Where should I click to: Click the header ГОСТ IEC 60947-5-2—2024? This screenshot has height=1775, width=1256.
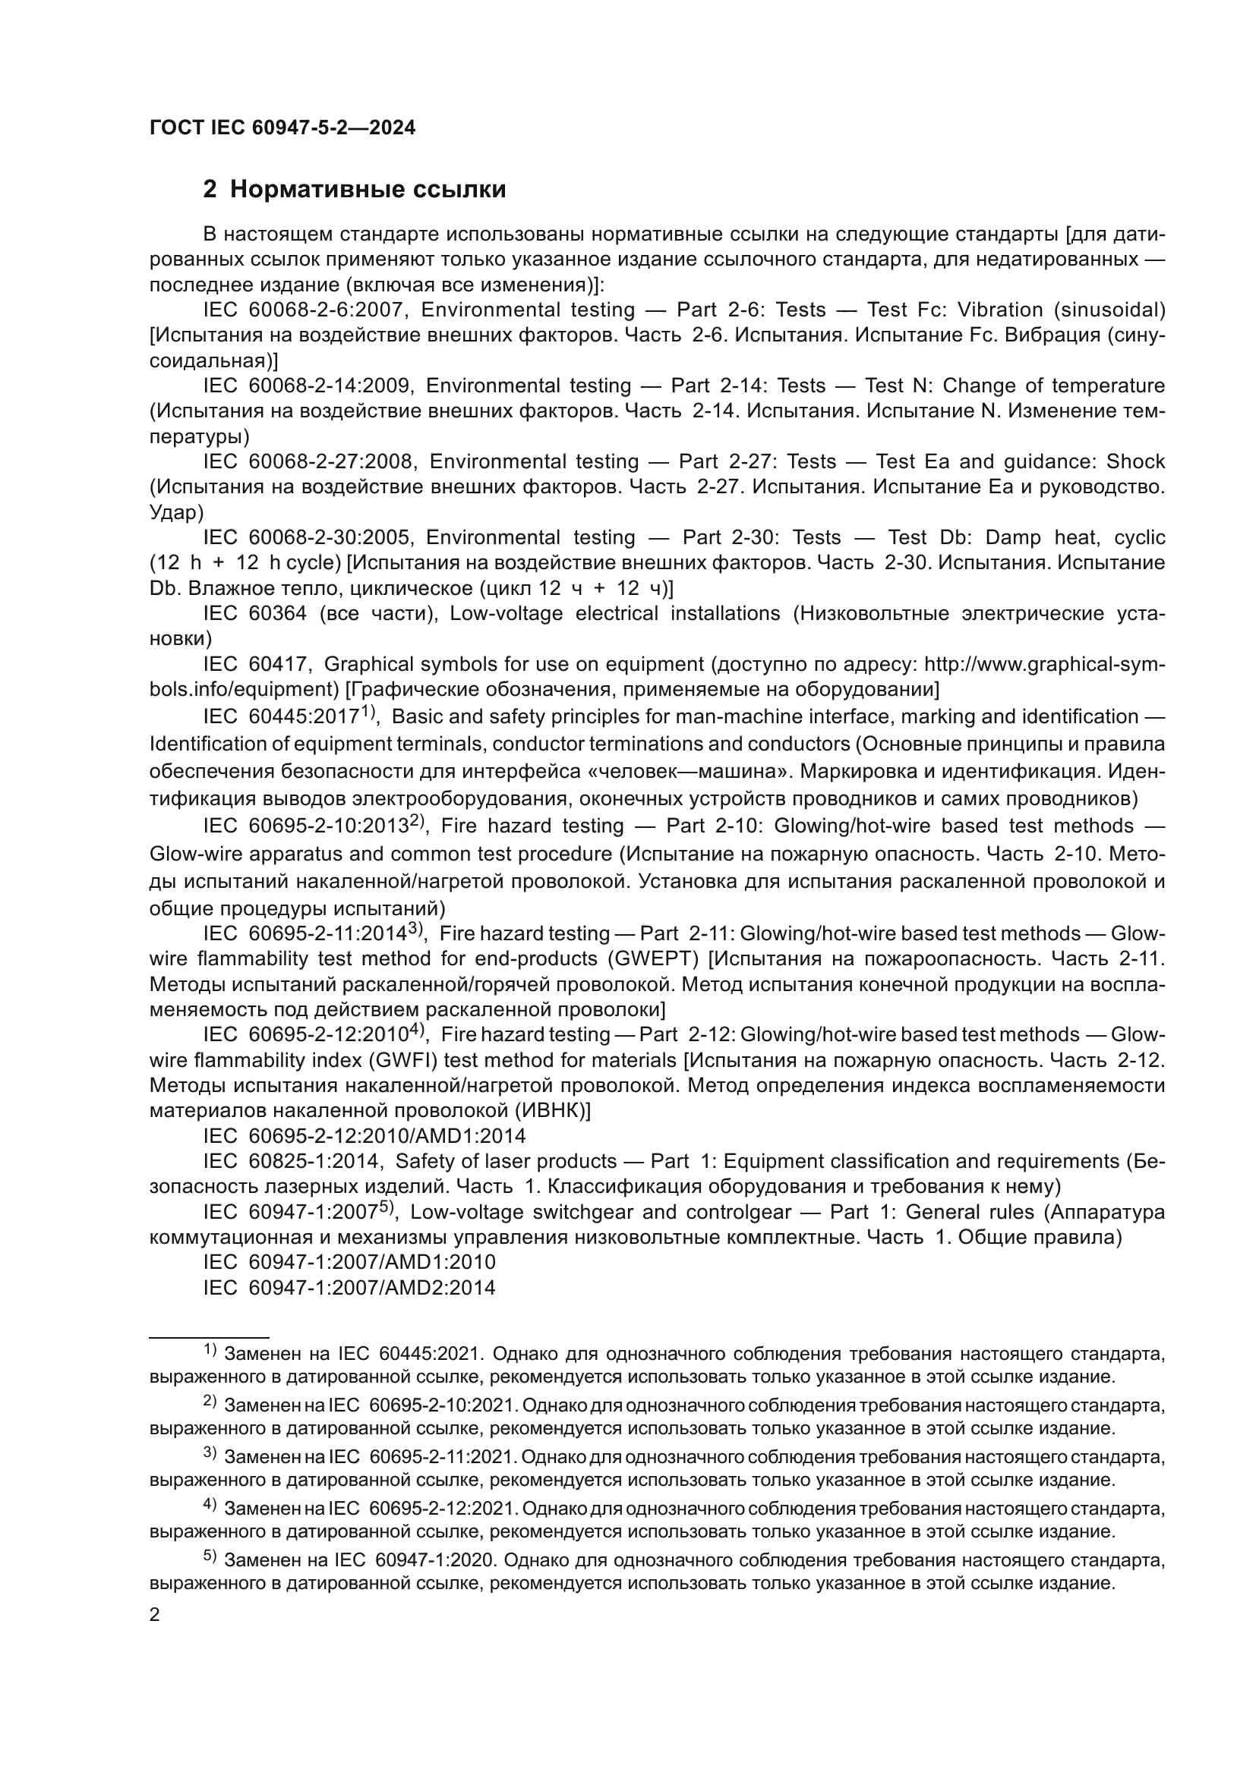(x=282, y=128)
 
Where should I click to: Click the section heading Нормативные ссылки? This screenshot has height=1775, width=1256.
(x=368, y=190)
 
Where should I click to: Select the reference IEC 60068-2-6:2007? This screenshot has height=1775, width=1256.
(x=303, y=310)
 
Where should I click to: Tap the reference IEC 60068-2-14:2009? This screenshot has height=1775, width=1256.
(x=308, y=386)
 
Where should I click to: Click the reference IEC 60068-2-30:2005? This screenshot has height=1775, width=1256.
(x=308, y=537)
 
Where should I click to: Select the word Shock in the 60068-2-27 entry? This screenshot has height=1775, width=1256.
(x=1135, y=461)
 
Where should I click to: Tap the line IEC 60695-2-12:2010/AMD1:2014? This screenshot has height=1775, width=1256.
(x=364, y=1137)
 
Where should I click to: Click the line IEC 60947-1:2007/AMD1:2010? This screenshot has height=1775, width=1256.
(x=349, y=1263)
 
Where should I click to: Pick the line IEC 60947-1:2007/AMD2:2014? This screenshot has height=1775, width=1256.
(x=349, y=1288)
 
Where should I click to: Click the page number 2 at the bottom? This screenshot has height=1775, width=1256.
(x=155, y=1616)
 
